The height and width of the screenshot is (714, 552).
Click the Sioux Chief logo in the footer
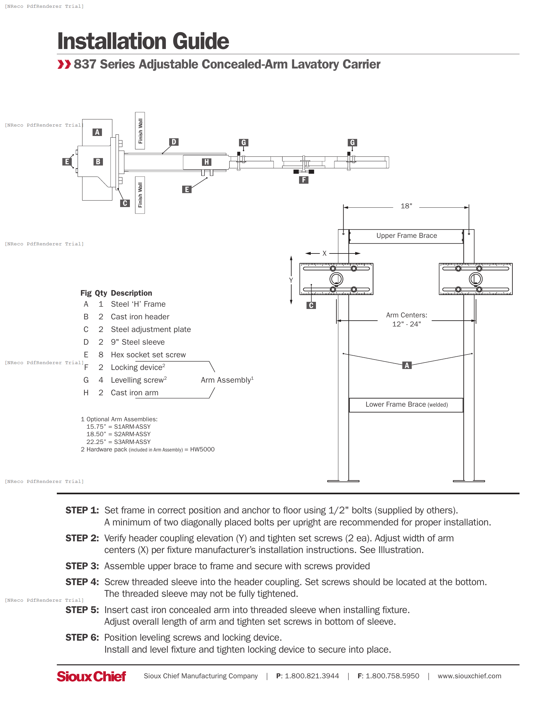[x=91, y=676]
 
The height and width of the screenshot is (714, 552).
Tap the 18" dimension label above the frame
[x=406, y=206]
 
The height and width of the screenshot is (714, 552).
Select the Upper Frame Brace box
[x=406, y=236]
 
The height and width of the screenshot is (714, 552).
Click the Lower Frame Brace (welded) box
[x=406, y=405]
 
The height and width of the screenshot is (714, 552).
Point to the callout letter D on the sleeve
[x=174, y=142]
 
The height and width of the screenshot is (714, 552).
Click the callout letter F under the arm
[x=304, y=180]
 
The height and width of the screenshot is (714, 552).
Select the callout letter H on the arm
[x=206, y=162]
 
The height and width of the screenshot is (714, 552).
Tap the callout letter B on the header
[x=98, y=162]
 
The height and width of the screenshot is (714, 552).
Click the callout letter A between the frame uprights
[x=407, y=365]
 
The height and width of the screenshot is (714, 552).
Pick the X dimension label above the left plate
[x=324, y=253]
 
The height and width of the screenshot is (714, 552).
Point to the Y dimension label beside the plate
[x=291, y=280]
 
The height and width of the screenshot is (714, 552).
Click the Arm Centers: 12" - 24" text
[x=406, y=319]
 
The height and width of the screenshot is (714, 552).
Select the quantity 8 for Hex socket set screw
[x=101, y=355]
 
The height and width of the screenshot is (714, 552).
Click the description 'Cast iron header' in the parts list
[x=140, y=317]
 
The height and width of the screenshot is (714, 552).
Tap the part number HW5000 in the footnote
[x=202, y=449]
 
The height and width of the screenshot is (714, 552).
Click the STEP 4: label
[x=82, y=582]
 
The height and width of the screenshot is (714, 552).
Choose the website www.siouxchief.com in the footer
[x=469, y=676]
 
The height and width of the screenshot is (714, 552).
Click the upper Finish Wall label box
[x=140, y=131]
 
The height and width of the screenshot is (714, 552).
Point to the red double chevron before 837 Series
[x=64, y=64]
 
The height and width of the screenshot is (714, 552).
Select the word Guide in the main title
[x=200, y=41]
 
